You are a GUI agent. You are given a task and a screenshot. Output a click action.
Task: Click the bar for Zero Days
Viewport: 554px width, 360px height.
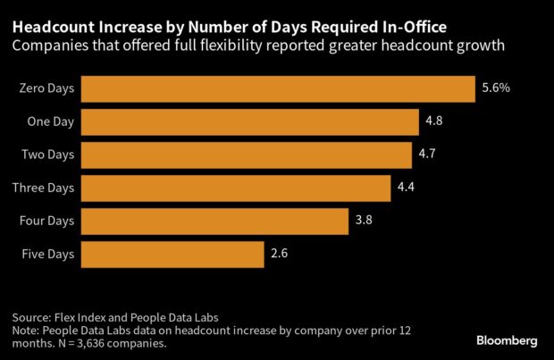pyautogui.click(x=277, y=89)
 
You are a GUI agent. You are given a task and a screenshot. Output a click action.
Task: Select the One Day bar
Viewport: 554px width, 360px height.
pyautogui.click(x=249, y=122)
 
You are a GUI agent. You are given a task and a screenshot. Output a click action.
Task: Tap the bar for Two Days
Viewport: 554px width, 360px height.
pyautogui.click(x=246, y=155)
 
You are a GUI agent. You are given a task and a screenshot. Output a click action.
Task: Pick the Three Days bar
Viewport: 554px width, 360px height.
pyautogui.click(x=235, y=188)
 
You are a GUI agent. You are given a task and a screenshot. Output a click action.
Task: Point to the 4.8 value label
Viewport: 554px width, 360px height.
pyautogui.click(x=434, y=122)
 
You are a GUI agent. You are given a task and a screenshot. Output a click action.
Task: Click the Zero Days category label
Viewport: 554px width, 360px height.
pyautogui.click(x=45, y=89)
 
